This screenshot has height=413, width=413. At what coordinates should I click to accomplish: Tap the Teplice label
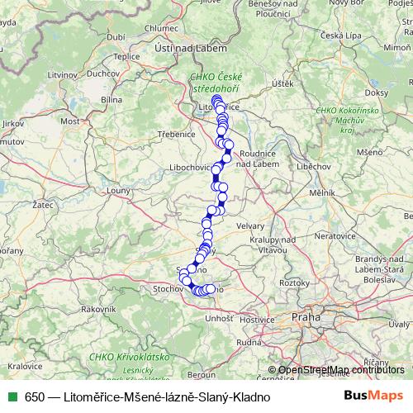click(127, 57)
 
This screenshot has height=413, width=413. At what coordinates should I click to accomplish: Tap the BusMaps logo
click(374, 396)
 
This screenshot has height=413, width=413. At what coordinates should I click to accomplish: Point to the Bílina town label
click(111, 98)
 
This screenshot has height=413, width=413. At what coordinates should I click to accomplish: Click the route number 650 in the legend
click(35, 396)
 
